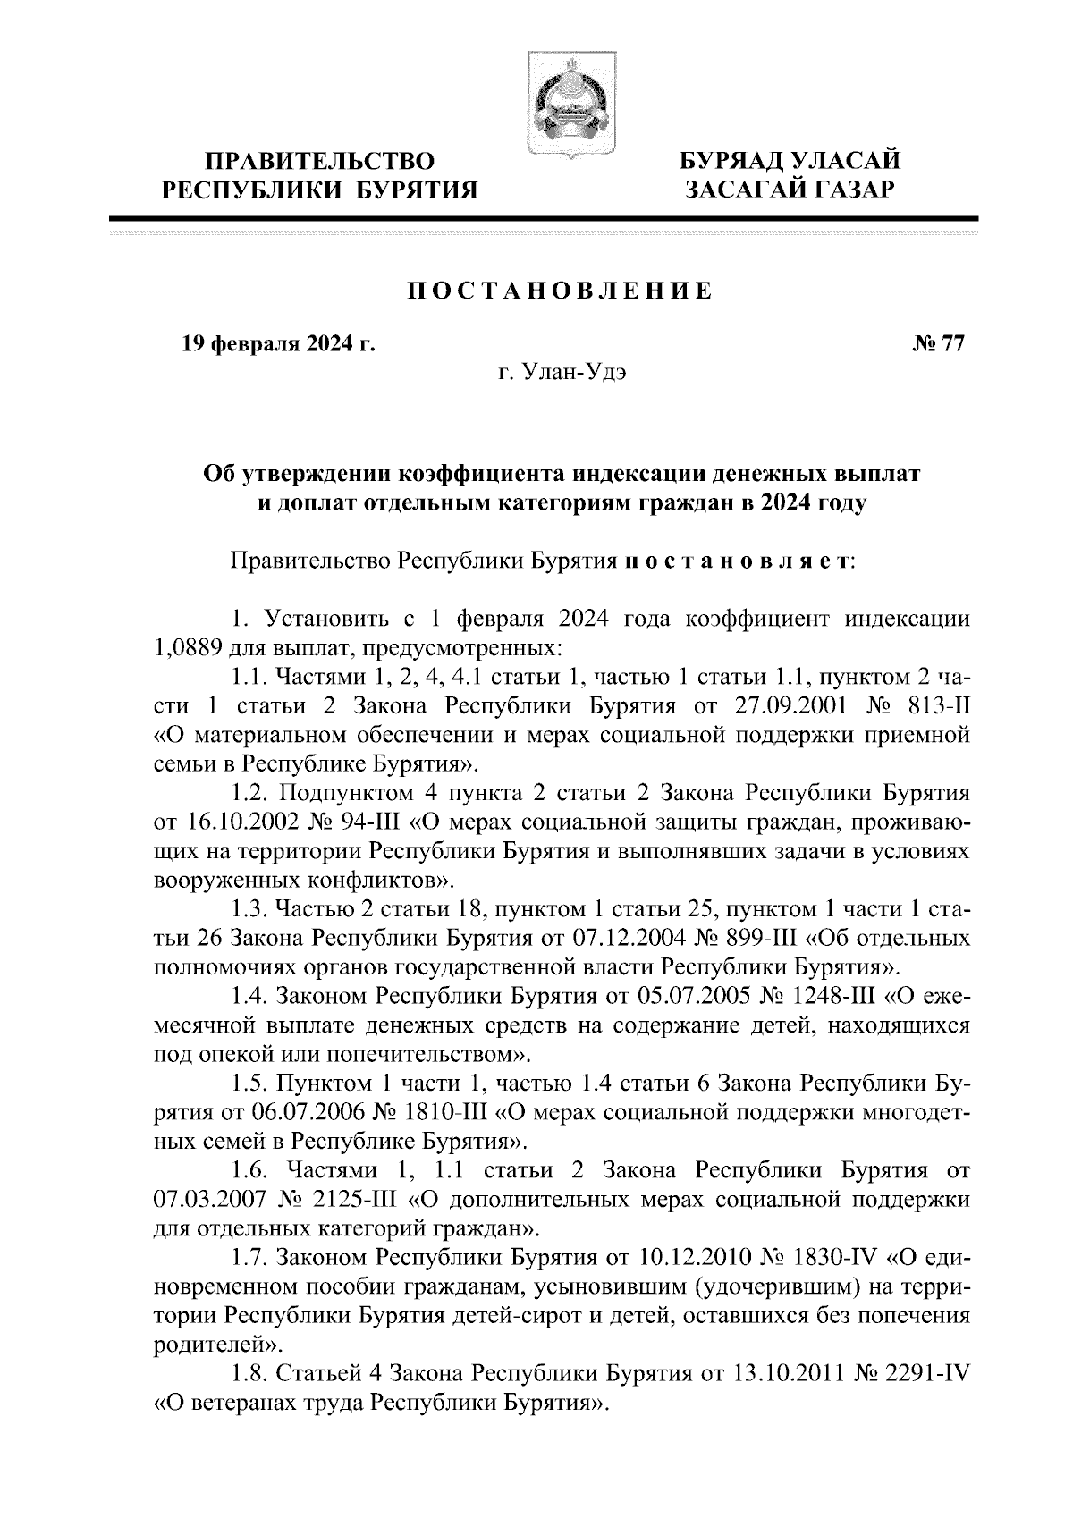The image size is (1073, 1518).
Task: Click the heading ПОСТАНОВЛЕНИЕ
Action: (x=561, y=291)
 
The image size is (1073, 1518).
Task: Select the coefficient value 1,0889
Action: (x=186, y=646)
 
